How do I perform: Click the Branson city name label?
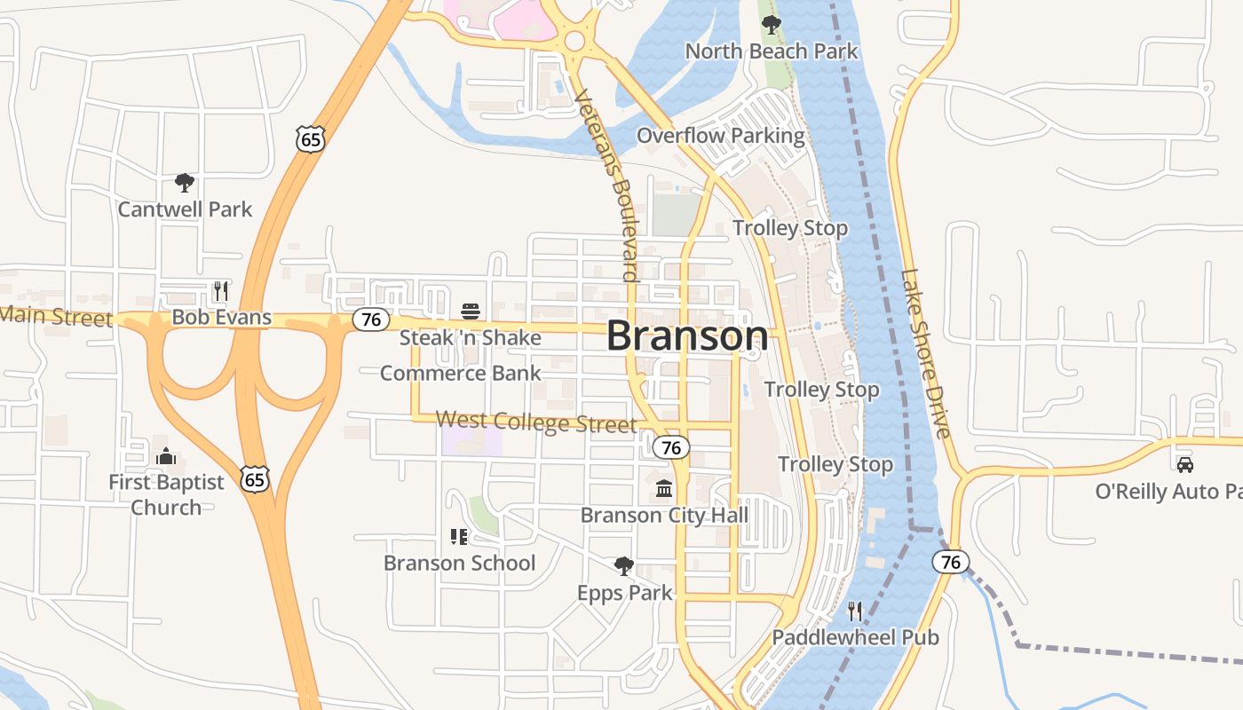pyautogui.click(x=687, y=335)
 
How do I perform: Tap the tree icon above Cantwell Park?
pyautogui.click(x=185, y=183)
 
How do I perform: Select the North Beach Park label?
pyautogui.click(x=771, y=51)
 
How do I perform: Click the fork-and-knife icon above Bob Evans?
pyautogui.click(x=220, y=291)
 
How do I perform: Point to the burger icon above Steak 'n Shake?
pyautogui.click(x=471, y=312)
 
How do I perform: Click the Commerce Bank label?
pyautogui.click(x=460, y=373)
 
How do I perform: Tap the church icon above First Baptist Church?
pyautogui.click(x=166, y=457)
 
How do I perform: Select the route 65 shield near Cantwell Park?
pyautogui.click(x=311, y=138)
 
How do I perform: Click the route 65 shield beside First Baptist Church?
pyautogui.click(x=254, y=479)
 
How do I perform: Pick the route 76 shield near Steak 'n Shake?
pyautogui.click(x=371, y=319)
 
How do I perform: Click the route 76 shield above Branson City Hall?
pyautogui.click(x=671, y=447)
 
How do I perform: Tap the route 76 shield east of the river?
pyautogui.click(x=950, y=562)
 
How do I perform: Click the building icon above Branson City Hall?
pyautogui.click(x=664, y=489)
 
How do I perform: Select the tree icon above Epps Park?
pyautogui.click(x=624, y=566)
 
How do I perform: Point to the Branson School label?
pyautogui.click(x=459, y=563)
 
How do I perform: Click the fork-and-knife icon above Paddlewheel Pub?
pyautogui.click(x=854, y=611)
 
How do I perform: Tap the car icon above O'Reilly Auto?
pyautogui.click(x=1184, y=464)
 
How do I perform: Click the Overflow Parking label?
pyautogui.click(x=720, y=136)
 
